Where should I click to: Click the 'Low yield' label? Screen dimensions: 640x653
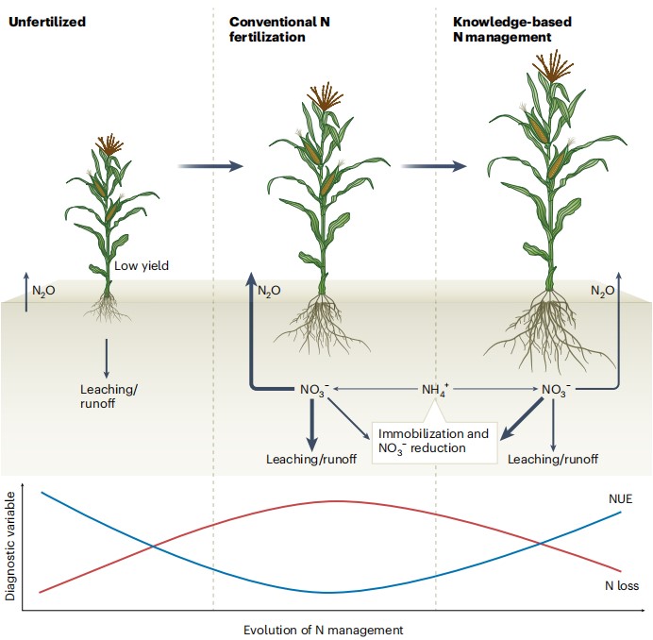pos(142,266)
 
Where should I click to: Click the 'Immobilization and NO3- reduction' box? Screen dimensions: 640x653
pos(434,441)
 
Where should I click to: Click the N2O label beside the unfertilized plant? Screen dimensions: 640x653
pos(43,290)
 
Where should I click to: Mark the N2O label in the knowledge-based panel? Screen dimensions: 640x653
pos(602,290)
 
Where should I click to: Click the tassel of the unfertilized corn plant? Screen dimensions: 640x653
pos(109,144)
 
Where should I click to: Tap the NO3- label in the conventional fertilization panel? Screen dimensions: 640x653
pos(312,389)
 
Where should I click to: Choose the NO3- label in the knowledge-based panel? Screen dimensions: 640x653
pos(557,389)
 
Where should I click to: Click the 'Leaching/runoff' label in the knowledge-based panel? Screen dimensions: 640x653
pos(553,460)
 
